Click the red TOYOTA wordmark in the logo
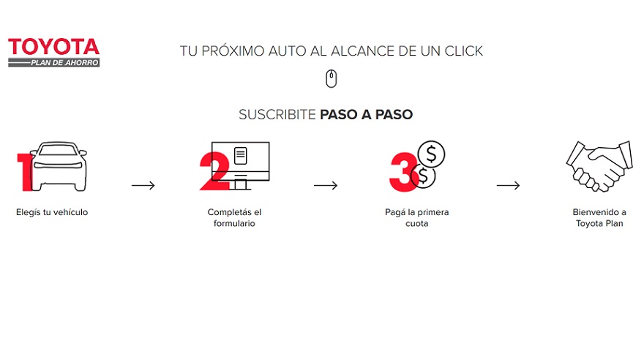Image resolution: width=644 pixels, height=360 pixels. point(54,47)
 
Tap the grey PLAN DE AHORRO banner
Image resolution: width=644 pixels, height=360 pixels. point(54,62)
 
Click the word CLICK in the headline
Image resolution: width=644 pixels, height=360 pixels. point(463,51)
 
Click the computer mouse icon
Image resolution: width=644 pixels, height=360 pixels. point(332,79)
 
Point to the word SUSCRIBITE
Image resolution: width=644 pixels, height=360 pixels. point(277,115)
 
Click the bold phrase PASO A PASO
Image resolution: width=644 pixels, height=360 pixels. point(367,115)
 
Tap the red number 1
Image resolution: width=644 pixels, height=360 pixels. point(25,173)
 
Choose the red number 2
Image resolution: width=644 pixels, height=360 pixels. point(214,171)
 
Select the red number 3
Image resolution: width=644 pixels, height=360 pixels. point(403,172)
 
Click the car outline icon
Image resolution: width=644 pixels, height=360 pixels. point(59,166)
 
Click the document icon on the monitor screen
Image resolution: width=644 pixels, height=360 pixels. point(240,156)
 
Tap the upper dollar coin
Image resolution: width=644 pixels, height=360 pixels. point(431,154)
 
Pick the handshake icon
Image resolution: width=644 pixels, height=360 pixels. point(599,166)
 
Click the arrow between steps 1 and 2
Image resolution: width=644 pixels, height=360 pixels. point(143,186)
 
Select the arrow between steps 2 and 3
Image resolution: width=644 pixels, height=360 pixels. point(326,186)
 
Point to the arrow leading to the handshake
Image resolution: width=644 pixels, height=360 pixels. point(508,186)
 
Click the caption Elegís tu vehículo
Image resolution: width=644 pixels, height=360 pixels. point(52,212)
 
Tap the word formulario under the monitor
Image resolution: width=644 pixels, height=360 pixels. point(234,223)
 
